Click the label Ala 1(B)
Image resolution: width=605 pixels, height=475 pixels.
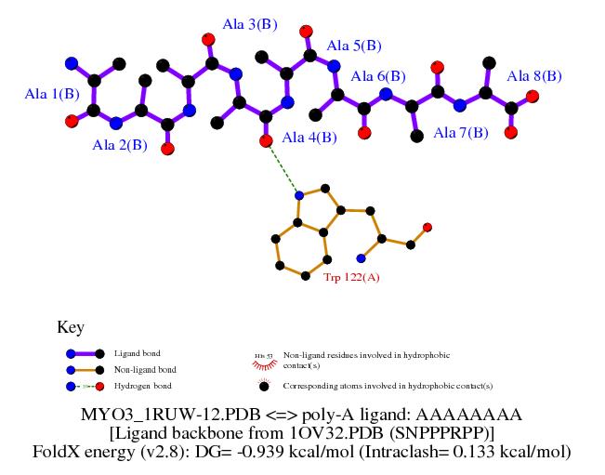tap(52, 94)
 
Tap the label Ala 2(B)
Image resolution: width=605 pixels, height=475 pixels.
tap(120, 144)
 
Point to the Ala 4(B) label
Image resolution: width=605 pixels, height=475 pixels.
tap(309, 138)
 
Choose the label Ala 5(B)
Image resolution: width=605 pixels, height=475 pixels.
tap(354, 45)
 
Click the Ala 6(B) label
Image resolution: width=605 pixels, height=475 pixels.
tap(378, 76)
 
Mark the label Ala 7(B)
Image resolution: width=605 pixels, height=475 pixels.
tap(461, 132)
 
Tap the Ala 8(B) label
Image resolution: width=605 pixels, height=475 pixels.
tap(534, 75)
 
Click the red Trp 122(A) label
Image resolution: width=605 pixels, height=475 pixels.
tap(351, 277)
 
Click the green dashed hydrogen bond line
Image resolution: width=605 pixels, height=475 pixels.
tap(283, 168)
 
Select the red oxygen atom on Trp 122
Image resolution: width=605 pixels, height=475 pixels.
tap(427, 227)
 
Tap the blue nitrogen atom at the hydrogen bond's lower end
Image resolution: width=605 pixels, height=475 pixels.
tap(298, 195)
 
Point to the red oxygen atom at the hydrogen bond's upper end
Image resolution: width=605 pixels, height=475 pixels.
tap(266, 141)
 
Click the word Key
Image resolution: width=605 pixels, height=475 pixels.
tap(71, 327)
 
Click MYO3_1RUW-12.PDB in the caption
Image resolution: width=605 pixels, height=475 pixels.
tap(167, 414)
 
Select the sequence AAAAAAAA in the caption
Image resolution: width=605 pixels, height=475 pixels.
tap(475, 414)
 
